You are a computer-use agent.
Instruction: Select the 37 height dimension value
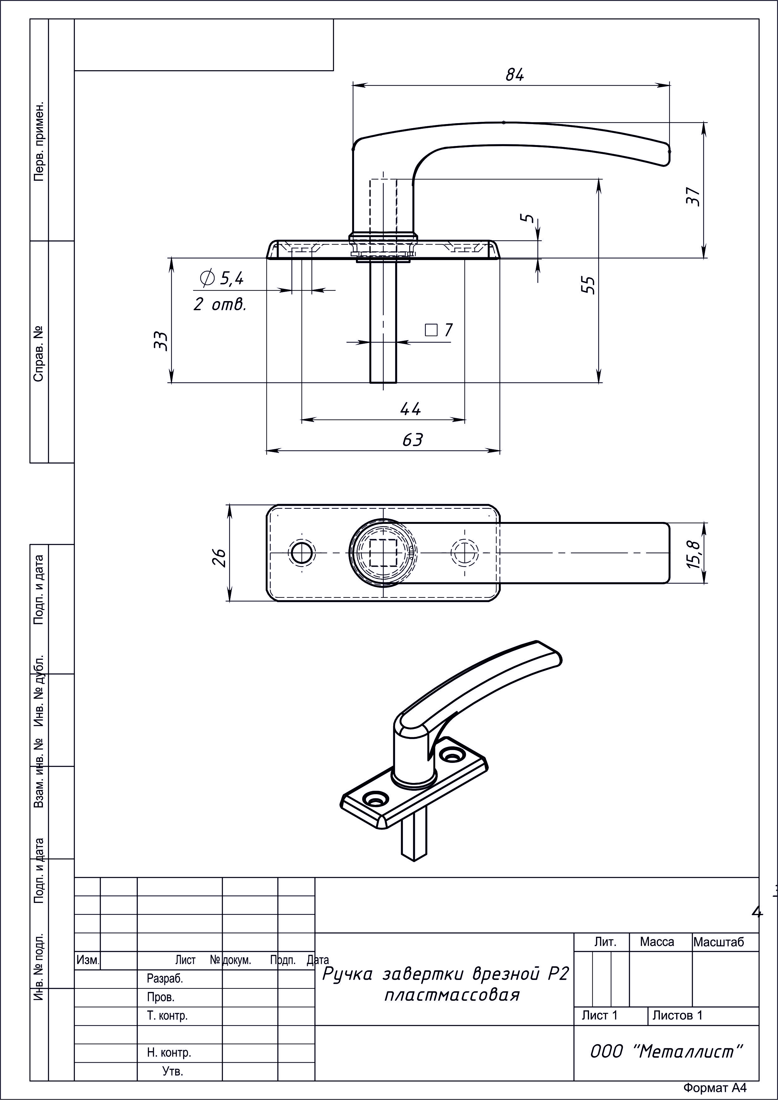pyautogui.click(x=693, y=196)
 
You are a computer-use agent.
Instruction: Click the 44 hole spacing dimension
pyautogui.click(x=410, y=409)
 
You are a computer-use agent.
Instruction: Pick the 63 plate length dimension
pyautogui.click(x=412, y=439)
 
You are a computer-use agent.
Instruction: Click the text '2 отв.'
pyautogui.click(x=220, y=304)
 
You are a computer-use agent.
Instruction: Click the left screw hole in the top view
pyautogui.click(x=302, y=553)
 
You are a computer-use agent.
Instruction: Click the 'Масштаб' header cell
pyautogui.click(x=718, y=942)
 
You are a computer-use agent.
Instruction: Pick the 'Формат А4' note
pyautogui.click(x=715, y=1090)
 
